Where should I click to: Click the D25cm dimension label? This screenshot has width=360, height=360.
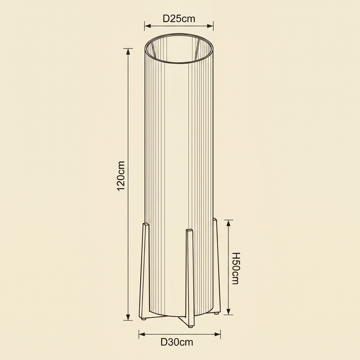point(179,19)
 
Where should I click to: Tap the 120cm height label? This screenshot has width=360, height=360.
point(121,176)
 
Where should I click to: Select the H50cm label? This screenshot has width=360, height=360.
point(236,268)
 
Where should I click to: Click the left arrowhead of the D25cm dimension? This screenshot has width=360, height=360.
point(148,26)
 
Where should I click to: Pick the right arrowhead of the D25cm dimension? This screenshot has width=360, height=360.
point(210,26)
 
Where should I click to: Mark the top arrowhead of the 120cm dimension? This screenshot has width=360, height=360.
point(128,51)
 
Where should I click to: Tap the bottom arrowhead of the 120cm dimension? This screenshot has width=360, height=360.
point(128,317)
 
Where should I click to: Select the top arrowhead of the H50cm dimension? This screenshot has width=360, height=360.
point(228,223)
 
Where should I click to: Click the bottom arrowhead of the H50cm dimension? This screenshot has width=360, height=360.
point(228,311)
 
